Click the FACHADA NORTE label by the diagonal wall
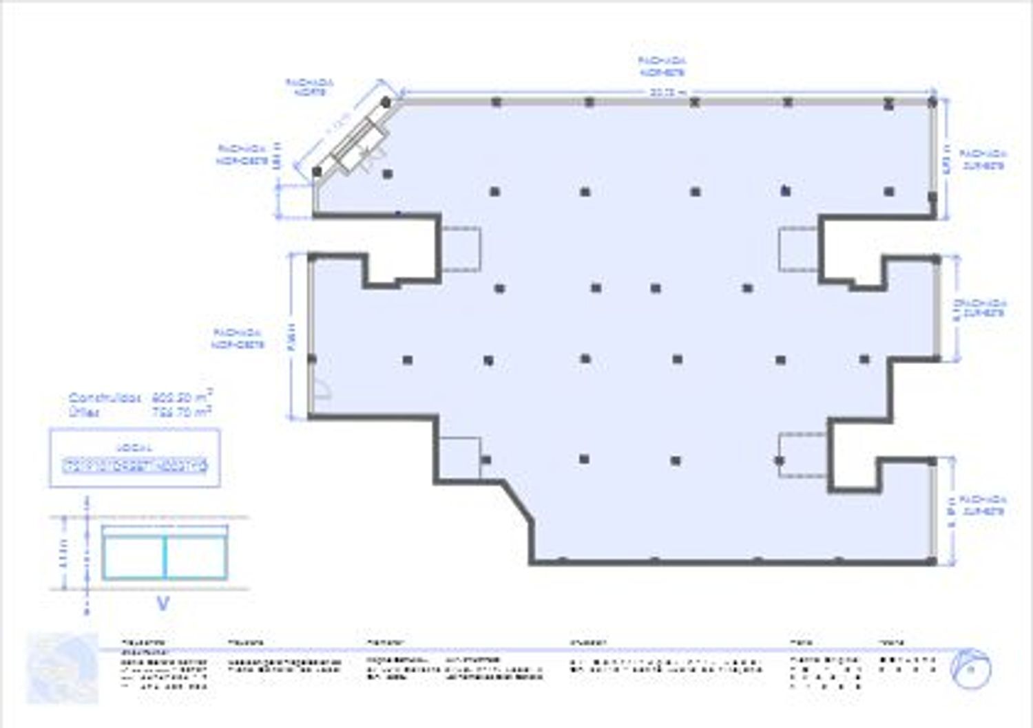pos(309,87)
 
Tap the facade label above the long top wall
pos(662,66)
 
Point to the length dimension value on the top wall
pos(665,92)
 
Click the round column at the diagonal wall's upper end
pos(386,103)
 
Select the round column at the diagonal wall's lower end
pos(317,171)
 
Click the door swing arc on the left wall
pos(322,390)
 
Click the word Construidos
pos(105,398)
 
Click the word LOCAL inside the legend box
pos(134,447)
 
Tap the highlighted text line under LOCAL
pos(134,466)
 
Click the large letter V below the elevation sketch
pos(163,604)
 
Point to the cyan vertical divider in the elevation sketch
pos(165,557)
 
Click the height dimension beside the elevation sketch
pos(63,554)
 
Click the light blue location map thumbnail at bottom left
pos(62,668)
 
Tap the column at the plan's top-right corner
pos(932,103)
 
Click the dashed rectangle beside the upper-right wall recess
pos(798,248)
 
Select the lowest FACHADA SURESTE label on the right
pos(983,505)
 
